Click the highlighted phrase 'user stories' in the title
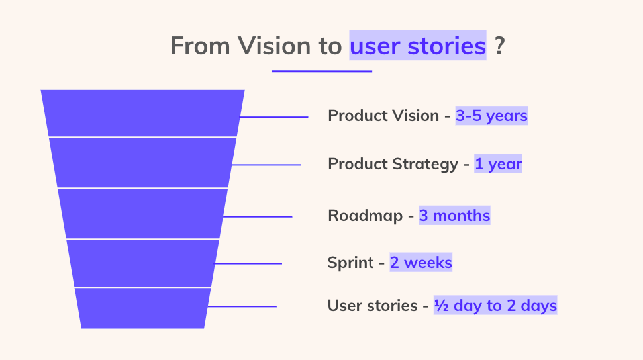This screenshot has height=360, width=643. (x=417, y=46)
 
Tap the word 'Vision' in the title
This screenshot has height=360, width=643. (x=275, y=46)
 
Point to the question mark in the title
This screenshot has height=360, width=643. (x=499, y=46)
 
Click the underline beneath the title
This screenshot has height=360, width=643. (x=322, y=71)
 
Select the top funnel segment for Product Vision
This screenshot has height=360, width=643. (x=143, y=113)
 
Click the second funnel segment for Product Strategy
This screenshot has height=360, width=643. (x=143, y=163)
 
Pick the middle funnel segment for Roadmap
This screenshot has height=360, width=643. (x=143, y=214)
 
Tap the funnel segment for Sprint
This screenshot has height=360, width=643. (x=143, y=263)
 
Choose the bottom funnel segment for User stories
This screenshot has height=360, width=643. (x=143, y=308)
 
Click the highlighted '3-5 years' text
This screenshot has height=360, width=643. (x=491, y=116)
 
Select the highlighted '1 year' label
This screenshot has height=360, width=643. (x=498, y=164)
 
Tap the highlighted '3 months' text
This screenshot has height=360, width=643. (x=454, y=215)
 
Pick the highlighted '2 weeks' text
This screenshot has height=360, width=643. (x=420, y=263)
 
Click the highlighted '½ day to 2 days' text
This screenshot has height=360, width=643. (x=495, y=306)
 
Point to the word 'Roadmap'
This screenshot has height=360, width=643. (x=365, y=216)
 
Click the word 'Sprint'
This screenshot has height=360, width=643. (x=350, y=263)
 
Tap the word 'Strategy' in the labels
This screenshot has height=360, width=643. (x=425, y=164)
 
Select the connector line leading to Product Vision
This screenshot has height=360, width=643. (x=274, y=117)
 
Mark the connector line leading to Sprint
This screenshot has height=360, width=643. (x=248, y=263)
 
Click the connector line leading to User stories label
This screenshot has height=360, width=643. (x=242, y=306)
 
